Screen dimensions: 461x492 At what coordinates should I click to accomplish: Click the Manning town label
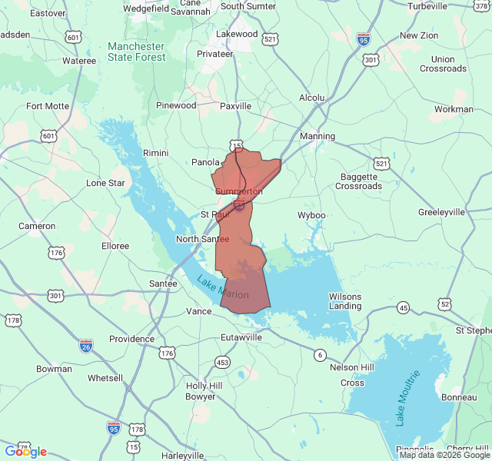317,137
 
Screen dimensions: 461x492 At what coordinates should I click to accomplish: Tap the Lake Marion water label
223,287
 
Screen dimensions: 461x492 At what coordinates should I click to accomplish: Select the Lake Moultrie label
409,398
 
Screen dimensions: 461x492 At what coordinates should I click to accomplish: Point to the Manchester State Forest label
136,51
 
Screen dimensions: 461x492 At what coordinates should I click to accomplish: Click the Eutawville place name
241,337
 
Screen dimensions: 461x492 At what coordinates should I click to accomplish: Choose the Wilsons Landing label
345,301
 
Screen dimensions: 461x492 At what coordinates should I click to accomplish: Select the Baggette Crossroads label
359,181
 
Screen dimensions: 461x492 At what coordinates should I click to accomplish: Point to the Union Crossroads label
443,64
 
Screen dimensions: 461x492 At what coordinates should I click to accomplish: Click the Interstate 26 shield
86,346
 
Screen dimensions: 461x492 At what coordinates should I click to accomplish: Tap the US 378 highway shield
481,6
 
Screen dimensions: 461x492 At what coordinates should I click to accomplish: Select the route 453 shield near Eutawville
222,362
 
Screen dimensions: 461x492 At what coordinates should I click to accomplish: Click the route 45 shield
403,308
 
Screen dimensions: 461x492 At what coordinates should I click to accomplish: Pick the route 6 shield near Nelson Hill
319,354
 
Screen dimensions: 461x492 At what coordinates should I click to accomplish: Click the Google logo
25,451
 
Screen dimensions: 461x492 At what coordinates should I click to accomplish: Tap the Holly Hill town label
204,386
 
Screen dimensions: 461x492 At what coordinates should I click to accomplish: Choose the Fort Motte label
48,107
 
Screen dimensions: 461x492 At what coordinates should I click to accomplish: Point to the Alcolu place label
311,98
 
